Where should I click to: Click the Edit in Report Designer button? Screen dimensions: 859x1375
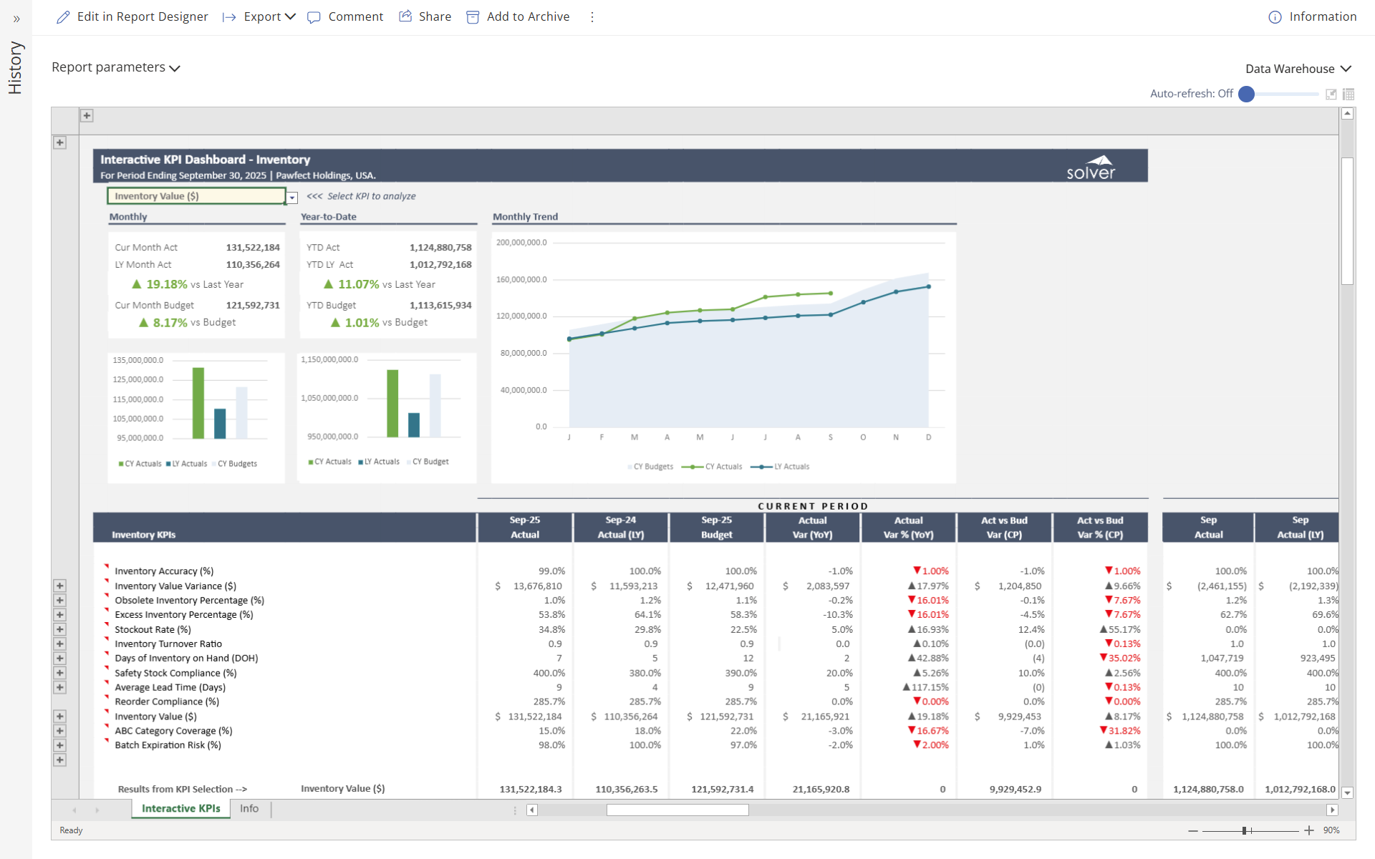click(x=132, y=16)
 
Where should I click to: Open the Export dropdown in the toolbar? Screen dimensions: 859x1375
click(x=259, y=16)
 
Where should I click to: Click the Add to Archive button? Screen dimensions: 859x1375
click(x=518, y=16)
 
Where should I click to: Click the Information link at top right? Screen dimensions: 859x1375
click(x=1313, y=16)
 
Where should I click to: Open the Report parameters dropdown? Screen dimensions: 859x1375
click(x=115, y=67)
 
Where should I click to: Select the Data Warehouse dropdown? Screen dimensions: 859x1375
click(x=1298, y=69)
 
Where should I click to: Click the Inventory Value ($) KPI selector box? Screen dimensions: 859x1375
click(x=196, y=196)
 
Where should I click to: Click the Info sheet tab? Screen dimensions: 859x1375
click(x=249, y=808)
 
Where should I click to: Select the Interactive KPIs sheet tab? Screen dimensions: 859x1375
click(x=180, y=808)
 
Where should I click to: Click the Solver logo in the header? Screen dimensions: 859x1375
click(x=1091, y=167)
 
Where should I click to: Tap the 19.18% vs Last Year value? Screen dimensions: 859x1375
click(x=166, y=284)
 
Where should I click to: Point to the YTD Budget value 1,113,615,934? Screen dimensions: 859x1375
click(x=440, y=305)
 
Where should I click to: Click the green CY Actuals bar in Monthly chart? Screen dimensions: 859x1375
click(x=198, y=402)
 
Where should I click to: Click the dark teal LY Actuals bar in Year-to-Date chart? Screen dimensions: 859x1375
click(x=414, y=424)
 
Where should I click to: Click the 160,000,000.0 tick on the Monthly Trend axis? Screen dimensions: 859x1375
click(x=521, y=279)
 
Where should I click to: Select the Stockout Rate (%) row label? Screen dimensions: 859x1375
click(x=153, y=629)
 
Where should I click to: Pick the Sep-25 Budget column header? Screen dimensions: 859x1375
click(x=716, y=527)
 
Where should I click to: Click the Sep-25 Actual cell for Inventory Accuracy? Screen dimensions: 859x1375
click(x=551, y=571)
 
